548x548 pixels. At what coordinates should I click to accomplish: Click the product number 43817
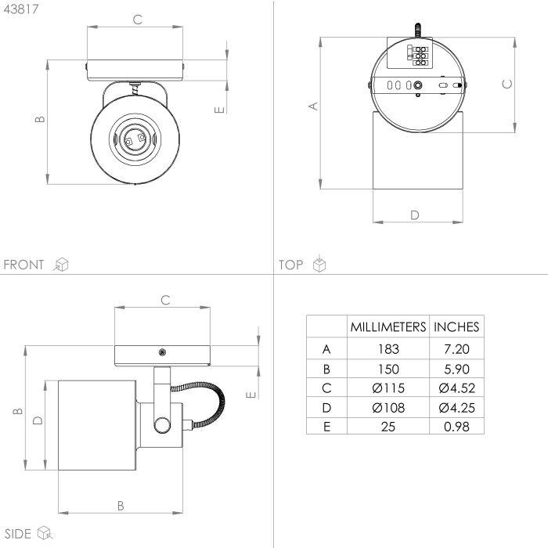pos(21,9)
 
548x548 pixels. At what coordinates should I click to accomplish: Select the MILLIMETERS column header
pos(388,327)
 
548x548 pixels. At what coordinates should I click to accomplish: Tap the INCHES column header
pos(456,327)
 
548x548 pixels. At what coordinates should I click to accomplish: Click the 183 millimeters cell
pos(388,349)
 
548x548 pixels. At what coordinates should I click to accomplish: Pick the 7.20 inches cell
pos(456,349)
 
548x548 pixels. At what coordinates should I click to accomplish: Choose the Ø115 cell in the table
pos(388,388)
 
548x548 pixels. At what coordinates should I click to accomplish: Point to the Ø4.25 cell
pos(456,408)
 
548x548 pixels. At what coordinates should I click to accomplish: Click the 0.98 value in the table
pos(456,427)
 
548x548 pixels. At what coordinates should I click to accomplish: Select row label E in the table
pos(326,427)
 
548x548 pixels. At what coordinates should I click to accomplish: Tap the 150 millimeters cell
pos(388,369)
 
